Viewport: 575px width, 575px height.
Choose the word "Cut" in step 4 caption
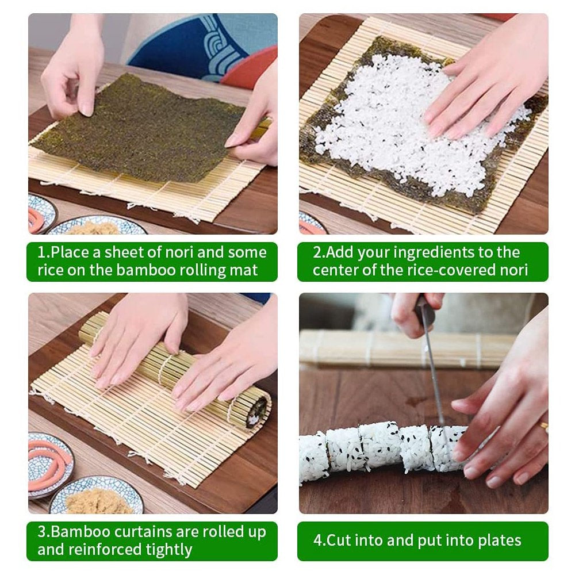(x=339, y=540)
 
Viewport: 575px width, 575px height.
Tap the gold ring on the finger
(x=543, y=427)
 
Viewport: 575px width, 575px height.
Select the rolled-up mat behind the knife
(x=368, y=348)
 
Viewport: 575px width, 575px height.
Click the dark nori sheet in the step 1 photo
(x=138, y=129)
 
